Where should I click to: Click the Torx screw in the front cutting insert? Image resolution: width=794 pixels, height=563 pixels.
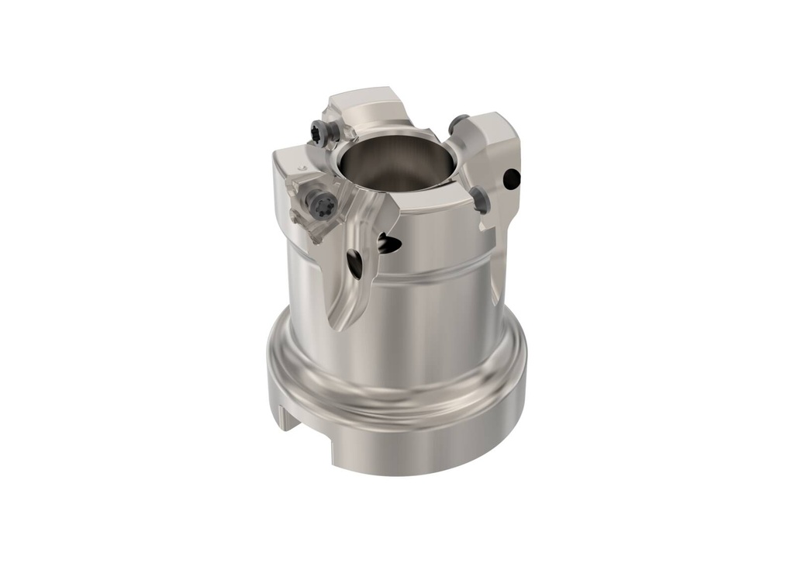(x=320, y=205)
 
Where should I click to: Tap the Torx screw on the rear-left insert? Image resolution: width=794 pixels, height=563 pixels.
(x=319, y=133)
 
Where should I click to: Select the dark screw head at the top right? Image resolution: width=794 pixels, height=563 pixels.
(x=458, y=123)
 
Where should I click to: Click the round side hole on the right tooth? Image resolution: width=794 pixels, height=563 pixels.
(x=511, y=178)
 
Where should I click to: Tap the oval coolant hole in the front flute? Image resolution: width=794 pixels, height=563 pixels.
(x=354, y=264)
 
